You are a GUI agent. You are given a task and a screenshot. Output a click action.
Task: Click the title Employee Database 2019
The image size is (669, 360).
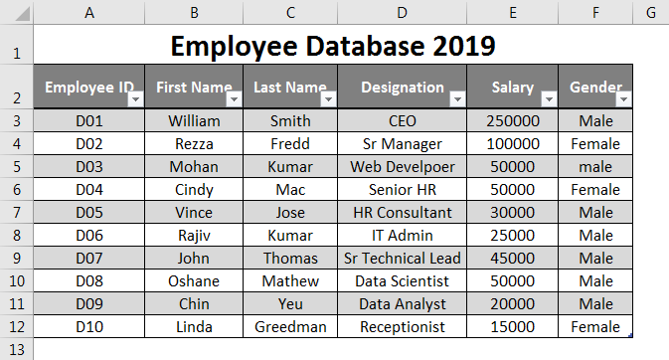coord(333,46)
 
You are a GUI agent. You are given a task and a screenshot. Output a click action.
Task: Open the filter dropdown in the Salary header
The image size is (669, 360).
coord(548,99)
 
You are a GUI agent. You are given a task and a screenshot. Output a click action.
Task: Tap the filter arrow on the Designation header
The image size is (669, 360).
coord(457,99)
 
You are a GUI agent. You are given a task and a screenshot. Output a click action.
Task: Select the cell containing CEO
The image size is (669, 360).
coord(402,121)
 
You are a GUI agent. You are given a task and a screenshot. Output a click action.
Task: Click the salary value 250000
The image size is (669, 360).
coord(512,121)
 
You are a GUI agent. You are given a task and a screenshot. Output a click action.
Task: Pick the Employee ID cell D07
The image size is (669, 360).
coord(89,259)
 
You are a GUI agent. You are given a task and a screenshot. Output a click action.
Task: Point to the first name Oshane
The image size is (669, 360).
coord(194,281)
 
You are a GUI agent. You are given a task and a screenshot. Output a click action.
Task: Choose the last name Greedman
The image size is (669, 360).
coord(290,327)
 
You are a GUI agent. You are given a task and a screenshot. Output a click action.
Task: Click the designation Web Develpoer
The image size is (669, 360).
coord(402,167)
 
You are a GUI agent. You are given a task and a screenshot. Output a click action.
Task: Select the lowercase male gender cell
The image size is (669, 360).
coord(595,167)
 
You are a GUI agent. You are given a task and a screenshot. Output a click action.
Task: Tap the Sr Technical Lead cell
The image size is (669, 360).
coord(402,259)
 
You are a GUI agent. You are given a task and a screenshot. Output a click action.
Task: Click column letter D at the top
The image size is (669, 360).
coord(402,13)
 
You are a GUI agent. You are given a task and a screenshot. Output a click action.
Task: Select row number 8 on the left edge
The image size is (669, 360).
coord(16,236)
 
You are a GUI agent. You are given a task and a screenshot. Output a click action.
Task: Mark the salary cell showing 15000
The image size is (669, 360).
coord(512,327)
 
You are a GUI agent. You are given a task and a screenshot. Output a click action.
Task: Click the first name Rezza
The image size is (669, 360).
coord(194,144)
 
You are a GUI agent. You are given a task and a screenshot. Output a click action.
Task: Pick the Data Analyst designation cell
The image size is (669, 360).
coord(402,304)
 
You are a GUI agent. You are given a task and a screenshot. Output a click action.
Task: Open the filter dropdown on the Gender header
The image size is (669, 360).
coord(623,99)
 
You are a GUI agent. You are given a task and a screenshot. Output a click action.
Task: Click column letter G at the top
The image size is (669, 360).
coord(650,13)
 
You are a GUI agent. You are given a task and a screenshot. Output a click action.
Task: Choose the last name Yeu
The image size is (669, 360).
coord(290,304)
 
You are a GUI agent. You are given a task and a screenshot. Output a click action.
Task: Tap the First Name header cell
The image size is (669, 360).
coord(189,88)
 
